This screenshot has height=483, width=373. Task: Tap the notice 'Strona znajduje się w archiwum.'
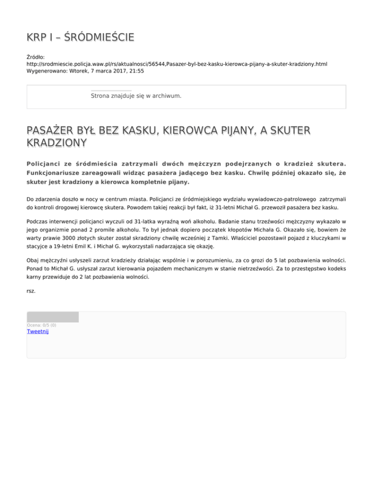coord(136,96)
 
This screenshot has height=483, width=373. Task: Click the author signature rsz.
coord(31,292)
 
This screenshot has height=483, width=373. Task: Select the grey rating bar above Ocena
coord(52,317)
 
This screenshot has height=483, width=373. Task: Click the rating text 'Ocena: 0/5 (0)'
coord(41,325)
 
